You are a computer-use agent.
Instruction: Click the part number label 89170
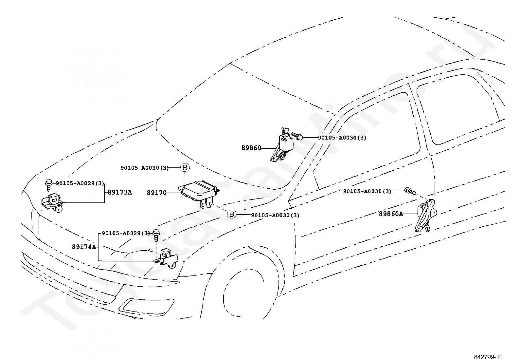(x=157, y=193)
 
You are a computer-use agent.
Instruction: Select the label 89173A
(x=119, y=192)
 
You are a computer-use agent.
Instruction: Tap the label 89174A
(x=84, y=247)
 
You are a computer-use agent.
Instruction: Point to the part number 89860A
(x=391, y=214)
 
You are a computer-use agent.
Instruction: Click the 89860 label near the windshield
(x=251, y=148)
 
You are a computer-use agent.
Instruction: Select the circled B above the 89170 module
(x=185, y=167)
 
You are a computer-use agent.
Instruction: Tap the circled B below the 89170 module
(x=232, y=214)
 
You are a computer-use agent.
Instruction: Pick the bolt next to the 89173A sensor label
(x=48, y=185)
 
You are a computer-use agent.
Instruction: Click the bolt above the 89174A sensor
(x=156, y=235)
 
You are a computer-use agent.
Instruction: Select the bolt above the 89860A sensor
(x=410, y=191)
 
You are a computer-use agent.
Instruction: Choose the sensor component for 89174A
(x=166, y=259)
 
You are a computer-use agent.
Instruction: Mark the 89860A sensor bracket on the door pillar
(x=426, y=216)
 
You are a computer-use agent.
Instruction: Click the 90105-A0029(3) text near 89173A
(x=80, y=183)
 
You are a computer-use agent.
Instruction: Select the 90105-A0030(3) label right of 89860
(x=342, y=138)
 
